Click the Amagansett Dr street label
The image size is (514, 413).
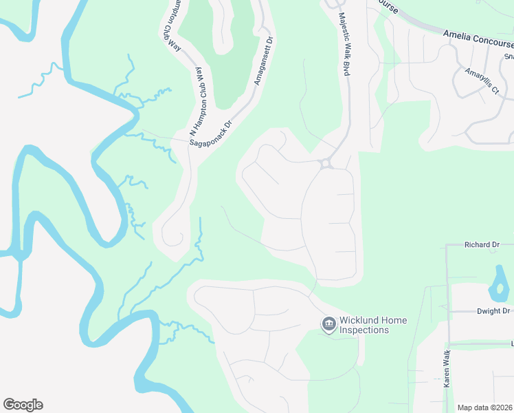point(265,61)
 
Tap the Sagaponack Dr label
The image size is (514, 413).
point(212,129)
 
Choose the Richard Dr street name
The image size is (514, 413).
point(481,244)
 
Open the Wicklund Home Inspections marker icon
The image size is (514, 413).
point(328,324)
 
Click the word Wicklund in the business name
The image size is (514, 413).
point(357,320)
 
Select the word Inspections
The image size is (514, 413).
point(364,330)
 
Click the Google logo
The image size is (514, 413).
point(23,405)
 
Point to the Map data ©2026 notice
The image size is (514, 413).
point(484,407)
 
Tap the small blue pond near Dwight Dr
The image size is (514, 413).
point(497,282)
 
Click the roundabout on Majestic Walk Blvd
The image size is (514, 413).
point(326,164)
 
